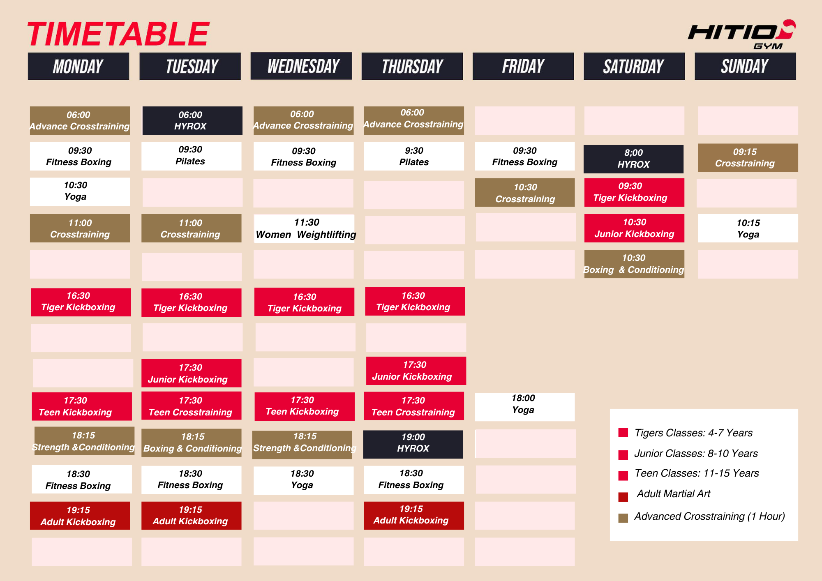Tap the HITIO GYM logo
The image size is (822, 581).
coord(742,35)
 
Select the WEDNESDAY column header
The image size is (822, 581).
coord(301,66)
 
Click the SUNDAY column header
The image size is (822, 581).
coord(745,66)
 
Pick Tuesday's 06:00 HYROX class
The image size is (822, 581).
coord(192,120)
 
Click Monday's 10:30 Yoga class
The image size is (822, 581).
coord(80,191)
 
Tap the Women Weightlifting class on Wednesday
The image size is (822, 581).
coord(305,228)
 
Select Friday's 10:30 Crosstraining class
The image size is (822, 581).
coord(525,192)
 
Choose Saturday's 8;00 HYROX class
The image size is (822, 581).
coord(633,159)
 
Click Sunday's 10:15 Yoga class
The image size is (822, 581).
coord(748,228)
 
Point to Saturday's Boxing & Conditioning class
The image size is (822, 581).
coord(634,264)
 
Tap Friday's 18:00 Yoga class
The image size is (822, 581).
coord(525,407)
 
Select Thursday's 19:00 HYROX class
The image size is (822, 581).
coord(413,444)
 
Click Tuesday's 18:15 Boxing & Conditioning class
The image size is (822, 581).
coord(192,443)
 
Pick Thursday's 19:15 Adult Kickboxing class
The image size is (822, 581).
coord(414,515)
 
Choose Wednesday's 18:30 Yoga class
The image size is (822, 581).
coord(304,480)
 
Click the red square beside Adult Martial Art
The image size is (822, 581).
coord(623,497)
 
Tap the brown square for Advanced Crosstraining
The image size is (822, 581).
coord(623,518)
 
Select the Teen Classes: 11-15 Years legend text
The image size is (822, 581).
coord(697,473)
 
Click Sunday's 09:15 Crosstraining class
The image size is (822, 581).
coord(748,157)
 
